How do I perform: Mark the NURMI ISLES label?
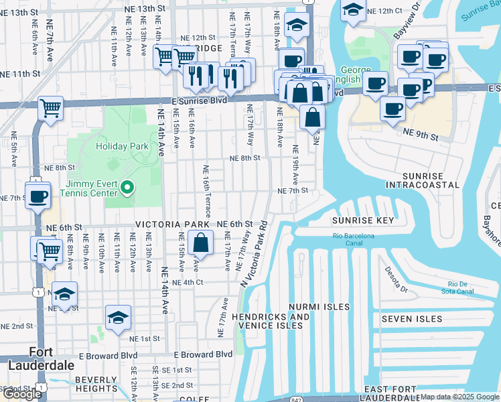pyautogui.click(x=319, y=307)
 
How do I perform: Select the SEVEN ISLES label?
pyautogui.click(x=412, y=319)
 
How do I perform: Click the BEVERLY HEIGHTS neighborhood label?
pyautogui.click(x=96, y=384)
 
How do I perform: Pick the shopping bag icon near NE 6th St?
pyautogui.click(x=200, y=243)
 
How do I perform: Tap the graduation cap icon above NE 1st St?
pyautogui.click(x=119, y=318)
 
